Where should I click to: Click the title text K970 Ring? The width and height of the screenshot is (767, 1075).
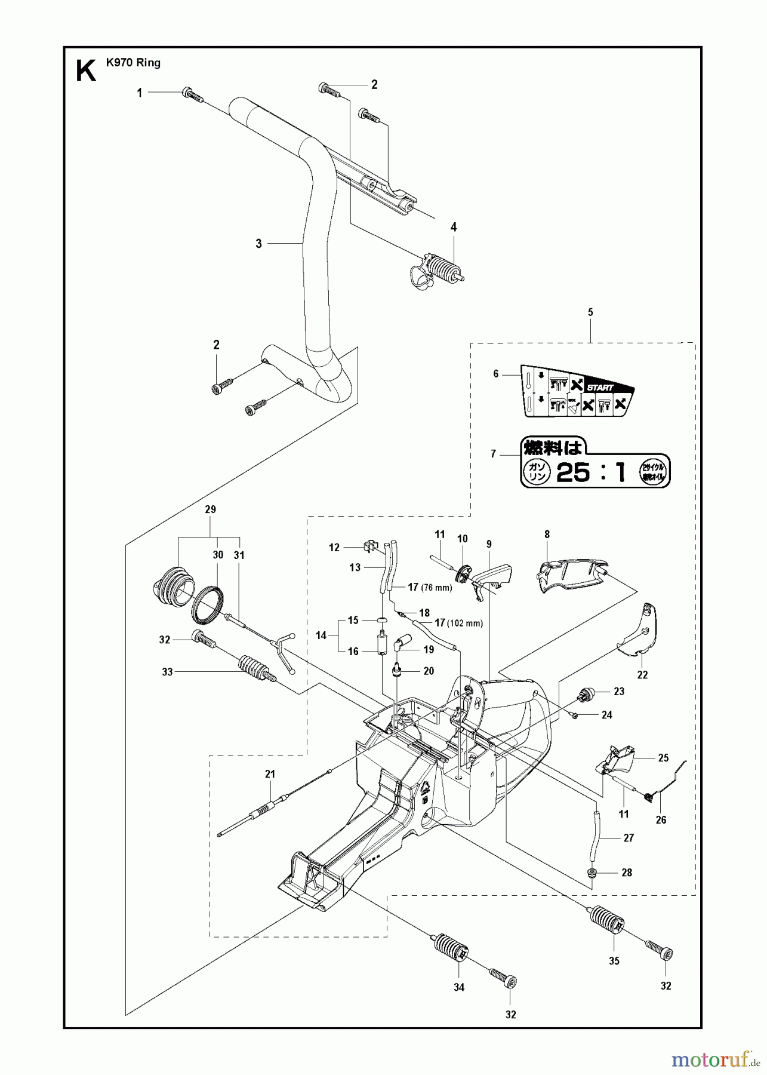pos(133,63)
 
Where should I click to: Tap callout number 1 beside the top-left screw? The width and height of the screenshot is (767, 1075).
pos(140,93)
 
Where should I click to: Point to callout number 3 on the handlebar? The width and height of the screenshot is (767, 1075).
pos(258,244)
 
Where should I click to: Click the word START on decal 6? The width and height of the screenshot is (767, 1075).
pos(600,388)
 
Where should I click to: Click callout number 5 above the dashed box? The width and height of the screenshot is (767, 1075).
pos(590,312)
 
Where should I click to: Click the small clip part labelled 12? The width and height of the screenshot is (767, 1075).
pos(371,545)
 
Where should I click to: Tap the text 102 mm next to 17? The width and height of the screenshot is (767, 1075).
pos(469,623)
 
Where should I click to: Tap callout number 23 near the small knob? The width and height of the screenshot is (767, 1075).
pos(619,691)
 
